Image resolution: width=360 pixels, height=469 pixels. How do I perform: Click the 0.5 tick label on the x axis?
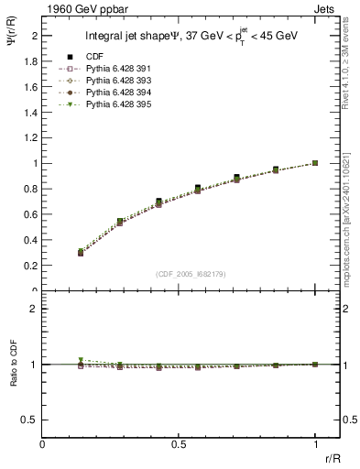pyautogui.click(x=179, y=446)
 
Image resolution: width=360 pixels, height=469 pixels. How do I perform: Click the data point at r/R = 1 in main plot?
pyautogui.click(x=315, y=163)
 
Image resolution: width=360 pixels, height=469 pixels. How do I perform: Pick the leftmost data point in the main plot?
pyautogui.click(x=81, y=252)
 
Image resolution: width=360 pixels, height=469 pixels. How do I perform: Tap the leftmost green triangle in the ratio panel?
pyautogui.click(x=81, y=360)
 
